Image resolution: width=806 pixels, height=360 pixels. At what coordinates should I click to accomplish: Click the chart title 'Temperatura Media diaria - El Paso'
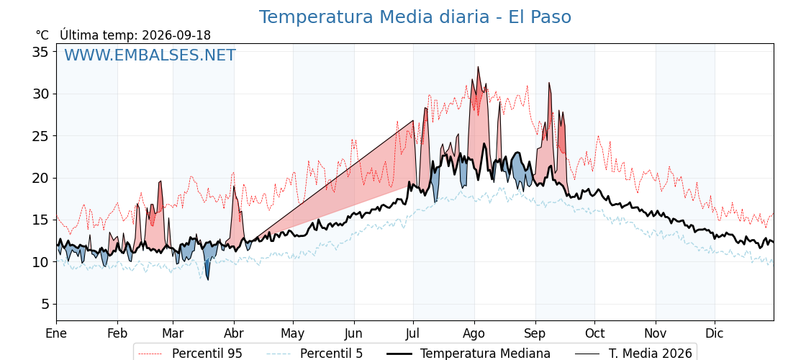(x=415, y=17)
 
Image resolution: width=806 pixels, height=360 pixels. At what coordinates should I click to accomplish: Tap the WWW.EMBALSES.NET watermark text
(x=150, y=55)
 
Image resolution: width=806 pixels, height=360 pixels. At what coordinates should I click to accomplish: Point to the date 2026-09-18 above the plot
(x=176, y=35)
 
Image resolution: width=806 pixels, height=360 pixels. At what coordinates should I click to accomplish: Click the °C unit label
(x=42, y=35)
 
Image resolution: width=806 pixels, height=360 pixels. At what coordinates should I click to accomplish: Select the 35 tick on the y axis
(x=42, y=51)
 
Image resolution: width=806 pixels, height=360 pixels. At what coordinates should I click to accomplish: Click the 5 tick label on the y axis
(x=45, y=304)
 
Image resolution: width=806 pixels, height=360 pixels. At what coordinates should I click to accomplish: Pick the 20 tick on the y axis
(x=42, y=178)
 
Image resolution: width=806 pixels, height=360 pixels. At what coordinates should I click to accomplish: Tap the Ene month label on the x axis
(x=56, y=333)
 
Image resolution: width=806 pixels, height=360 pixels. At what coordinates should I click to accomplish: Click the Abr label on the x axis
(x=234, y=333)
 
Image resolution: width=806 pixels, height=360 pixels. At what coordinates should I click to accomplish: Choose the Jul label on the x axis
(x=413, y=333)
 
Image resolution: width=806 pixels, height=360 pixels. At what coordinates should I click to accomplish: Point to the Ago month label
(x=474, y=334)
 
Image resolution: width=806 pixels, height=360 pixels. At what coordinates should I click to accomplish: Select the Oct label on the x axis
(x=595, y=333)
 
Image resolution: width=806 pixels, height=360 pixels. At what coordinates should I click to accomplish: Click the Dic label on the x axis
(x=715, y=333)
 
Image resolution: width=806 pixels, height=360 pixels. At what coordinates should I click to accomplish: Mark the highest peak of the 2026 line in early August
(x=478, y=67)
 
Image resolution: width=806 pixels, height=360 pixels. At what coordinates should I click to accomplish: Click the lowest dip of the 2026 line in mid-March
(x=208, y=280)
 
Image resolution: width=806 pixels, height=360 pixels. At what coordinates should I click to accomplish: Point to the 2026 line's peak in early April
(x=233, y=186)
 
